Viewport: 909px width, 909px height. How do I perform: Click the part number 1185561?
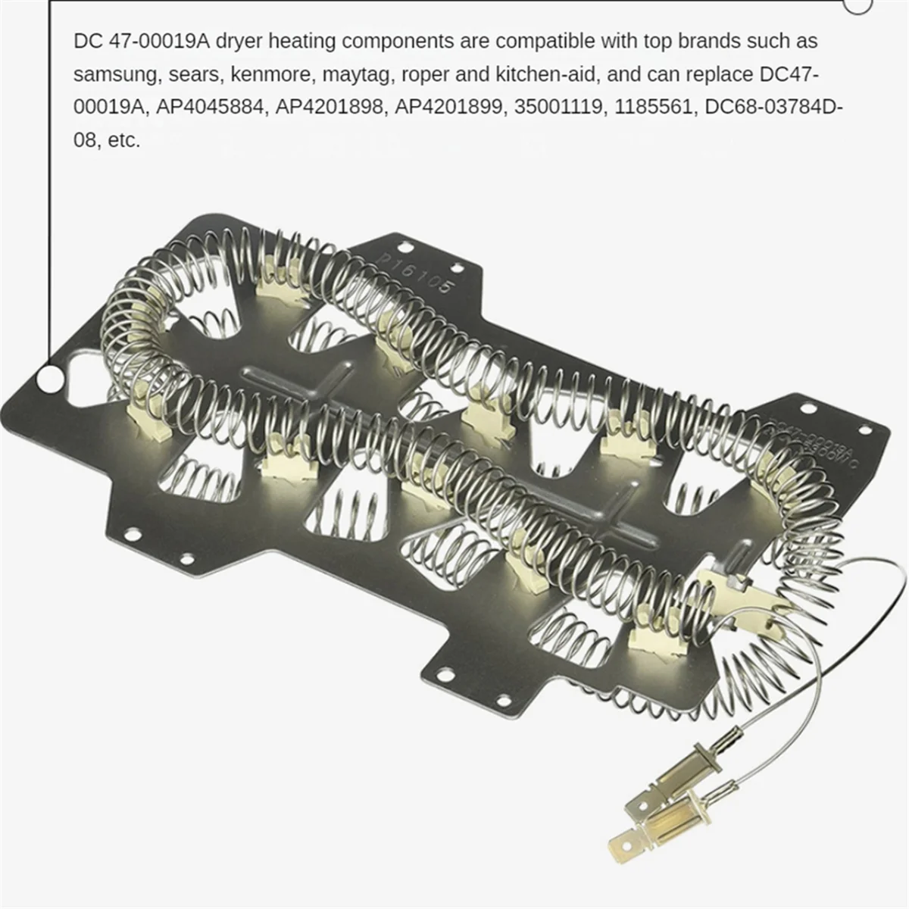(x=656, y=108)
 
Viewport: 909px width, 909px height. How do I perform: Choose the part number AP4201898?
(x=329, y=108)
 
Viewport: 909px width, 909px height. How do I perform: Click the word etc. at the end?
(x=124, y=141)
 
